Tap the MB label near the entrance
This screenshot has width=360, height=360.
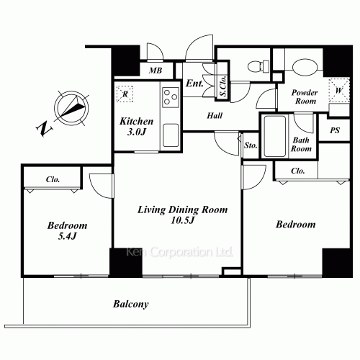coord(155,71)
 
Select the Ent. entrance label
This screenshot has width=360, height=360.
coord(194,84)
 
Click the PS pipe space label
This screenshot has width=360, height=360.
coord(334,130)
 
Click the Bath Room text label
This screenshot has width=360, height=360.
coord(301,144)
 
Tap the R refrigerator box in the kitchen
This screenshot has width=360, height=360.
coord(126,94)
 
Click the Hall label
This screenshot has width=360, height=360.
coord(214,116)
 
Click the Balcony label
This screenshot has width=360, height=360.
coord(130,304)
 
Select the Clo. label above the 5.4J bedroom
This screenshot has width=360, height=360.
coord(53,179)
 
